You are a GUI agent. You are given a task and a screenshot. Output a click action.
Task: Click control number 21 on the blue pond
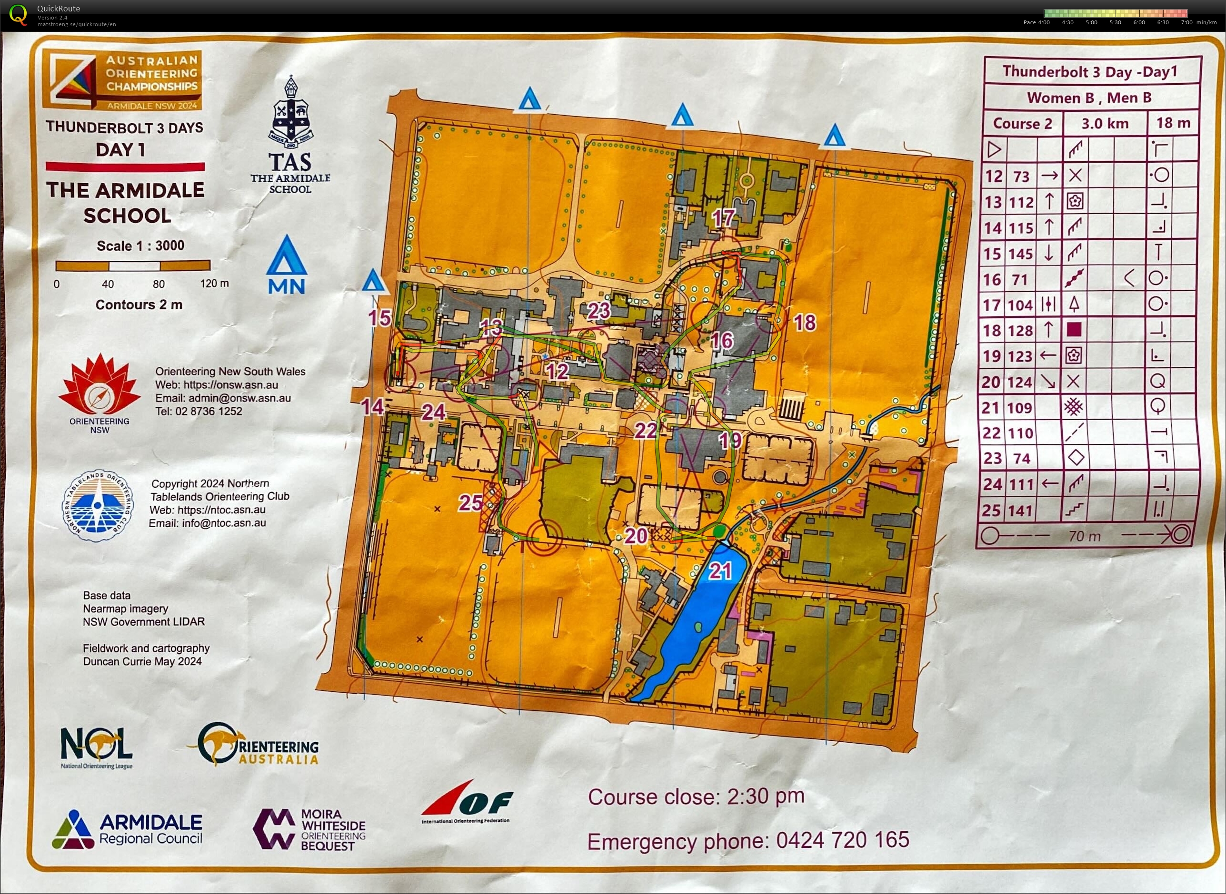point(720,571)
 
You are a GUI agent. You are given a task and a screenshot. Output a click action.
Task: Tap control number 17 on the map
point(723,218)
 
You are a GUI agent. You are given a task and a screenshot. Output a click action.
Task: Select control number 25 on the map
point(470,503)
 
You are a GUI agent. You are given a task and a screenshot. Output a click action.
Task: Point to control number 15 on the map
point(379,318)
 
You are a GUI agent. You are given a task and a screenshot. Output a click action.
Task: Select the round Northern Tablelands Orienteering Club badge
point(98,505)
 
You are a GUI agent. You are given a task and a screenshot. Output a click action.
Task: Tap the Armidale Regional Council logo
point(127,830)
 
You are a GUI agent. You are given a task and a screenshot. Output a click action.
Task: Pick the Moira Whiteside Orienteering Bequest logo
point(309,830)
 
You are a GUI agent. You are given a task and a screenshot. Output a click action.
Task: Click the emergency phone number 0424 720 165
point(843,840)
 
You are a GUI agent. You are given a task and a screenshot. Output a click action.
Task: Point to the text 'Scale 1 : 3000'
point(140,246)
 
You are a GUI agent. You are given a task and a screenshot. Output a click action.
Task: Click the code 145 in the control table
point(1021,253)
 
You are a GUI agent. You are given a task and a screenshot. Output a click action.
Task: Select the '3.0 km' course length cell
point(1105,123)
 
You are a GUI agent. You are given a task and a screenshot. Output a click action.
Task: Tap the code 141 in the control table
point(1021,511)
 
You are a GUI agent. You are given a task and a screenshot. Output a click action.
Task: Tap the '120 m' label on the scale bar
point(214,284)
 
